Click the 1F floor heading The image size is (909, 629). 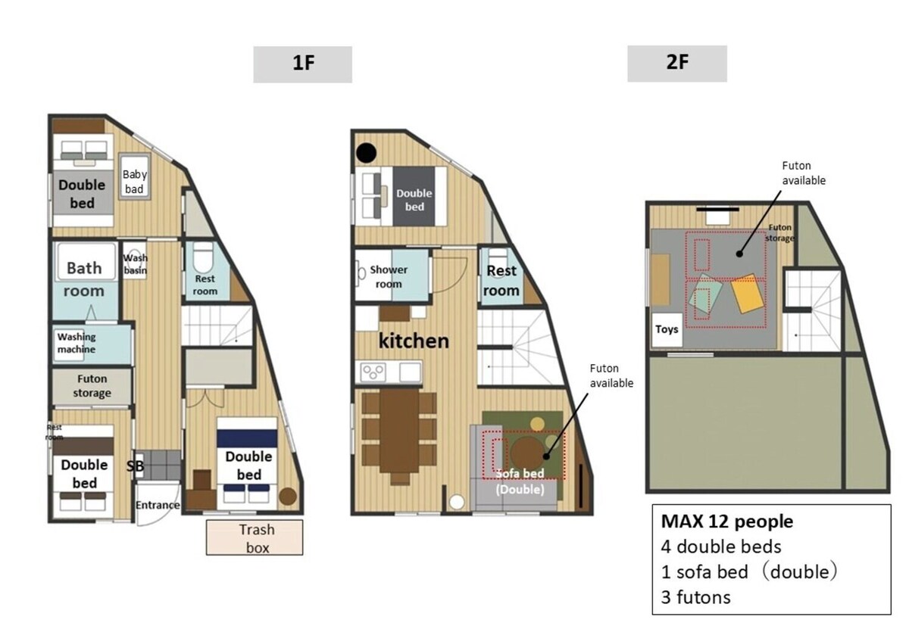click(303, 64)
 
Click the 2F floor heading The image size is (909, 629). click(677, 64)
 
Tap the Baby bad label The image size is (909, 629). click(135, 182)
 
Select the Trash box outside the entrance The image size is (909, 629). click(255, 537)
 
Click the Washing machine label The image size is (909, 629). click(77, 343)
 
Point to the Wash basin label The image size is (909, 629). click(135, 264)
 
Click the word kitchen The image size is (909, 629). click(414, 341)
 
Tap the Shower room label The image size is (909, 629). click(389, 277)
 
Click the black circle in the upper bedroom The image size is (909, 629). click(367, 154)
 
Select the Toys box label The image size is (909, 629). click(667, 329)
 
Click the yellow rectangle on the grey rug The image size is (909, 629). click(747, 294)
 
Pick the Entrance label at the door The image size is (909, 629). click(158, 505)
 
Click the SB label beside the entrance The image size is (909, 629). click(135, 466)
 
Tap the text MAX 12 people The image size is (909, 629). click(726, 522)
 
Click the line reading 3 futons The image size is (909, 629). click(695, 597)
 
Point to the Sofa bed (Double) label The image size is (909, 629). click(520, 481)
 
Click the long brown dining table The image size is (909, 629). click(399, 431)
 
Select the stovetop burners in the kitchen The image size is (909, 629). click(373, 372)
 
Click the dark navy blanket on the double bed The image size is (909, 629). click(247, 438)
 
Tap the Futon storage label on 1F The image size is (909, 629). click(92, 386)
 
